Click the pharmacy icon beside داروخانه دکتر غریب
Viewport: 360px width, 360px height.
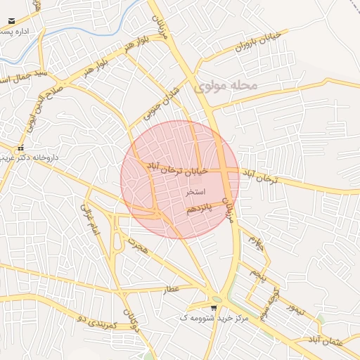21,148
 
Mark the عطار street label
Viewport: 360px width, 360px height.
172,289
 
